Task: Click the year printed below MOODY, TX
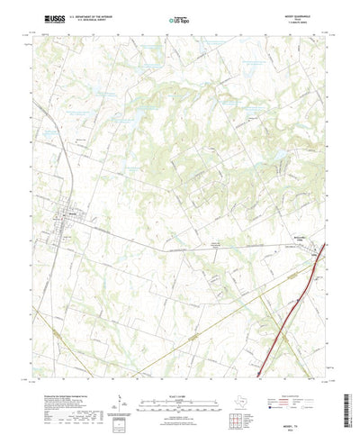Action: tap(305, 424)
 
